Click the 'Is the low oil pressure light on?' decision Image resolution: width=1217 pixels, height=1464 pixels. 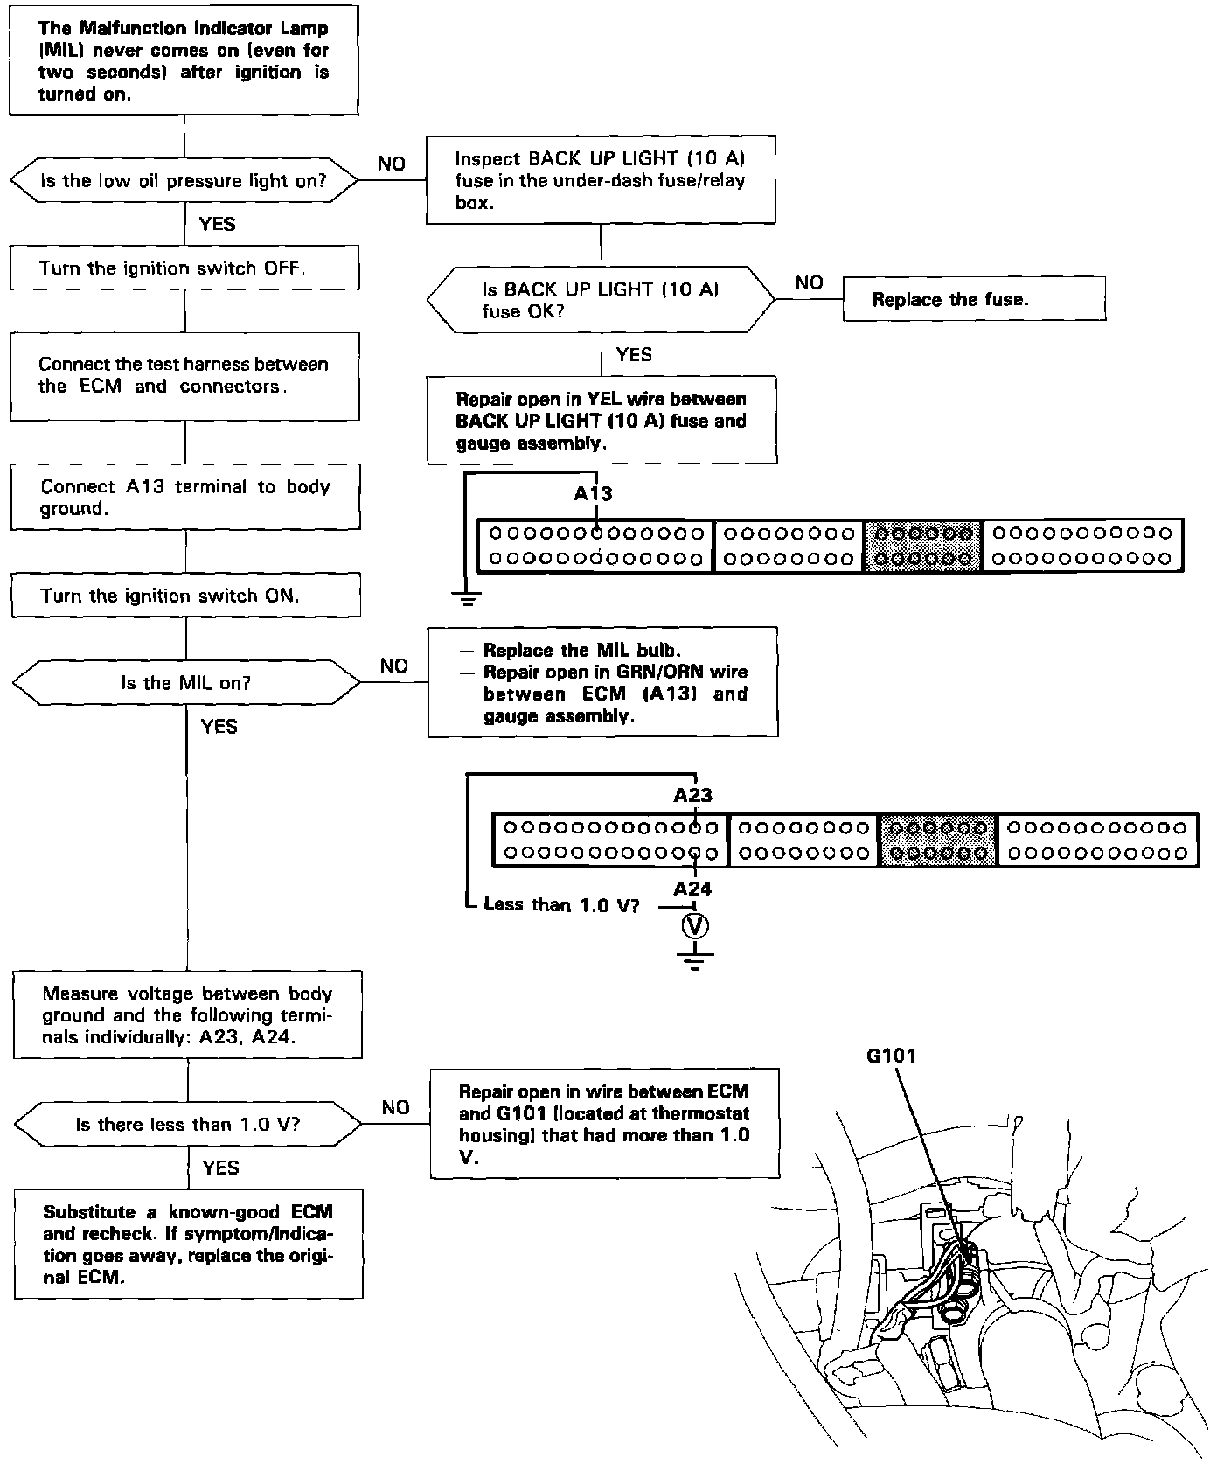[184, 181]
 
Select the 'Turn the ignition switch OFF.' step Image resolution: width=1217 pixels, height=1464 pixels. [184, 268]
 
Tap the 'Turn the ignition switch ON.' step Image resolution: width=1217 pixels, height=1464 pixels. [185, 596]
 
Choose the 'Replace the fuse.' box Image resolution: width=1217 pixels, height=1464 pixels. [973, 299]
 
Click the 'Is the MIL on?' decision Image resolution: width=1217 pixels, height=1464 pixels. [186, 683]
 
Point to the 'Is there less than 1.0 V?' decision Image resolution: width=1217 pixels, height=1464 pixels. [188, 1124]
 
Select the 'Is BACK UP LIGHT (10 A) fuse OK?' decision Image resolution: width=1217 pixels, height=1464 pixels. [601, 300]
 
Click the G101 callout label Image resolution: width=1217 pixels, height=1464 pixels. [891, 1056]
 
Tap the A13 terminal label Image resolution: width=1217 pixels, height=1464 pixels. [593, 494]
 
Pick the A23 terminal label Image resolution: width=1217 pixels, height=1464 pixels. [692, 795]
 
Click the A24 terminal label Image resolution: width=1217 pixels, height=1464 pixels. [692, 889]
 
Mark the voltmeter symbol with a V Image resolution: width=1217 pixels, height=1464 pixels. [695, 926]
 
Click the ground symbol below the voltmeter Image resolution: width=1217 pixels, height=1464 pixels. [695, 962]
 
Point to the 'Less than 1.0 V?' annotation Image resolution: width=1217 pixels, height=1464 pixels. [561, 905]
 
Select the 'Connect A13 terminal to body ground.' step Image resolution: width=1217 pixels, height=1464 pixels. [185, 497]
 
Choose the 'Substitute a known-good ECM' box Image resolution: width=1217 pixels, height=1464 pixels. [188, 1244]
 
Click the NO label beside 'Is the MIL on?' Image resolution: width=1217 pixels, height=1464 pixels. [393, 666]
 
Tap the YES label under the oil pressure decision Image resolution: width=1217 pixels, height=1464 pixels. [217, 224]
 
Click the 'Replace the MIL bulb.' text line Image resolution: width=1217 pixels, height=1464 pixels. [581, 651]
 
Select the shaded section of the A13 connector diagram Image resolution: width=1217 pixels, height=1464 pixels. [923, 546]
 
